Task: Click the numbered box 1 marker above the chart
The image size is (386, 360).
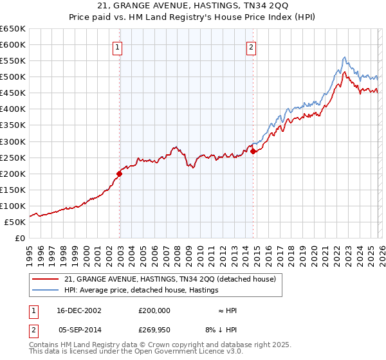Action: click(x=118, y=46)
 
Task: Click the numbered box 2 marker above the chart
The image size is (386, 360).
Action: click(x=251, y=46)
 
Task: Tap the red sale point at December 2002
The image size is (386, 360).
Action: click(x=120, y=173)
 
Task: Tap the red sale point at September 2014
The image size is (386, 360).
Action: click(x=253, y=151)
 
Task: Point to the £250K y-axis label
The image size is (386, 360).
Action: click(x=15, y=157)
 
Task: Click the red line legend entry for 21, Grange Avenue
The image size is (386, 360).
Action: click(x=170, y=279)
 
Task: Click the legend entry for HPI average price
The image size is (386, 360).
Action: click(x=142, y=290)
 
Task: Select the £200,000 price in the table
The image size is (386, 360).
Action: click(x=154, y=310)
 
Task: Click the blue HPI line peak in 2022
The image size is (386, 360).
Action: click(x=345, y=57)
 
